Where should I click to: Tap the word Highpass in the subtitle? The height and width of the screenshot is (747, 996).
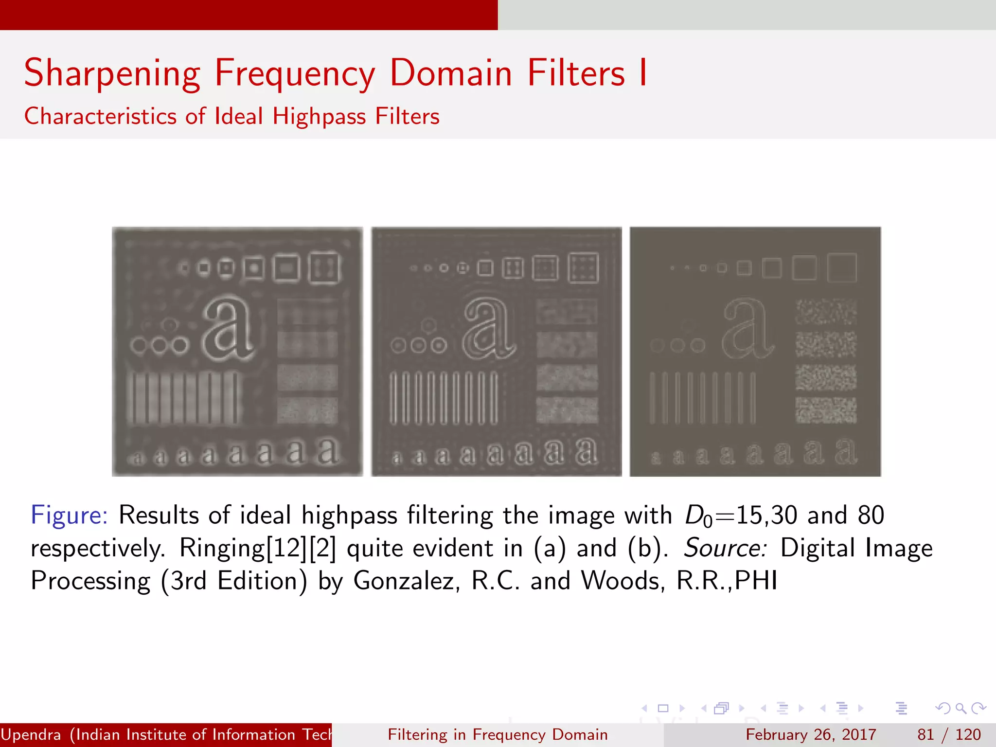[x=319, y=117]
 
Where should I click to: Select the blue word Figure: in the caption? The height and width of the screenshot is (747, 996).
[x=69, y=516]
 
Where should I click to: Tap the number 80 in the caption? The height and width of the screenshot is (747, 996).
[x=871, y=516]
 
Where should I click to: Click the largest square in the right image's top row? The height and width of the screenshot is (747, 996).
[x=842, y=267]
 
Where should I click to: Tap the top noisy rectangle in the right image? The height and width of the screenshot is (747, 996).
[x=826, y=312]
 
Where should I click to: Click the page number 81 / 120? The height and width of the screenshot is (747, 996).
[x=949, y=734]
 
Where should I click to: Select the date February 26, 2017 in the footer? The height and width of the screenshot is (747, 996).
[x=811, y=734]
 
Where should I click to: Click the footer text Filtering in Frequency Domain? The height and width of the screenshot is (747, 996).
[x=498, y=734]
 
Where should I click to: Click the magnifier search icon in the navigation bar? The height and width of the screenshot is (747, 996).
[x=960, y=708]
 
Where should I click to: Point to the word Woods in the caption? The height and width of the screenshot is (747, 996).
[x=623, y=581]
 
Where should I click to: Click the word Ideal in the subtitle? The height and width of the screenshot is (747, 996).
[x=239, y=117]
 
